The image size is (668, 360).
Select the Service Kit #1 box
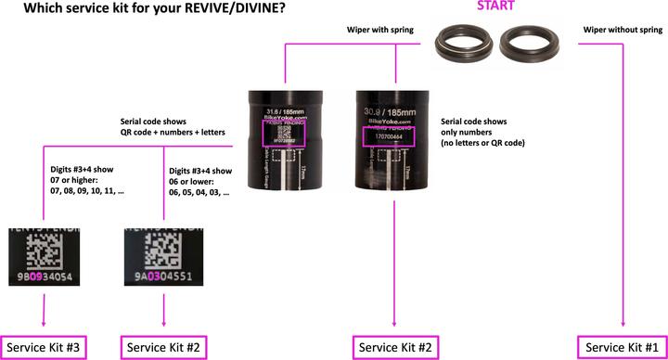point(621,347)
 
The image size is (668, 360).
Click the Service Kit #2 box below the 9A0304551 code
point(164,347)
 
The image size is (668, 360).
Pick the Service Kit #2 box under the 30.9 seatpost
point(396,347)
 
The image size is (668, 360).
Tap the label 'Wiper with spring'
point(379,31)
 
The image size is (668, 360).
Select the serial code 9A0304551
point(164,276)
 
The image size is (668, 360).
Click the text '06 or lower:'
point(195,183)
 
